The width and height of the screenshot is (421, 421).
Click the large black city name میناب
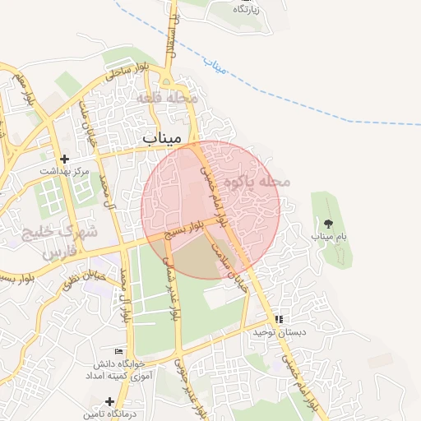pos(161,137)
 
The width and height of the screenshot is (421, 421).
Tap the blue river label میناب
pos(215,66)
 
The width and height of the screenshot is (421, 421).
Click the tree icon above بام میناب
pos(329,223)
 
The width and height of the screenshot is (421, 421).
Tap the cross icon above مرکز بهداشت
pos(64,158)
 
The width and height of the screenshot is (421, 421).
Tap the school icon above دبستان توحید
pos(279,319)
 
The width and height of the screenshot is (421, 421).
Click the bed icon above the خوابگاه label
pos(121,351)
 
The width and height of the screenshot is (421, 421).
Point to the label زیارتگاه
pos(247,9)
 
